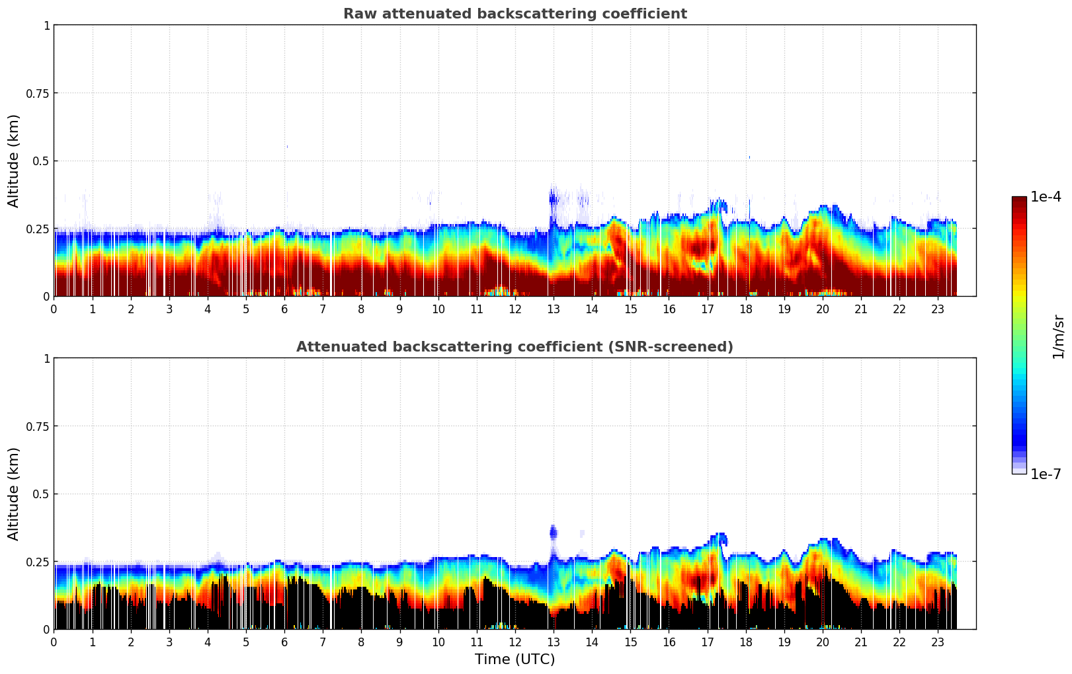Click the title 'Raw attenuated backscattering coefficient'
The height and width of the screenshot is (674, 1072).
(515, 14)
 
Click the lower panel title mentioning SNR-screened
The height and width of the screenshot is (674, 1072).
(515, 347)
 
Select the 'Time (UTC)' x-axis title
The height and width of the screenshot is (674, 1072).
(515, 659)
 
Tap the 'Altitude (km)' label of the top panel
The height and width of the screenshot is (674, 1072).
(14, 161)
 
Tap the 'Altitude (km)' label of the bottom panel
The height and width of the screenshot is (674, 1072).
(14, 494)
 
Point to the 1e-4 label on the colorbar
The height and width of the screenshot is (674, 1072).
(1046, 197)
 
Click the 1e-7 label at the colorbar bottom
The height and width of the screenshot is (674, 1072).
(1046, 474)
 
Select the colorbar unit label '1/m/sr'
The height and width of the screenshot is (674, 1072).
(1058, 337)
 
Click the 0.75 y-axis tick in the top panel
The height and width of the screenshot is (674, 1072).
(38, 93)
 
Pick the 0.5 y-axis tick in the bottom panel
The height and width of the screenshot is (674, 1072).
(42, 494)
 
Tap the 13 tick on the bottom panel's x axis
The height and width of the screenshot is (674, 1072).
(554, 642)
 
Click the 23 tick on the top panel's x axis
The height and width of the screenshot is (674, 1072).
(938, 309)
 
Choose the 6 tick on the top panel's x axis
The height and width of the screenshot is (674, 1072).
(284, 309)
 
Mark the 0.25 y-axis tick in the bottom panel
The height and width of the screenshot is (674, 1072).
(38, 562)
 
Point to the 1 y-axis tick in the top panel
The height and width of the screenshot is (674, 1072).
(46, 25)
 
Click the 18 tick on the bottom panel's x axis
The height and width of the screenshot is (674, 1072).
(745, 642)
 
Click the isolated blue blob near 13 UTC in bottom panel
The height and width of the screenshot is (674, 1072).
(554, 533)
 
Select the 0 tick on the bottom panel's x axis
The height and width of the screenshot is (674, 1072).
(54, 642)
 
